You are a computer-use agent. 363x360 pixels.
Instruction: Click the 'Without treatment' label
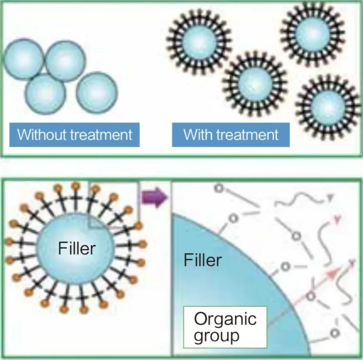coord(75,135)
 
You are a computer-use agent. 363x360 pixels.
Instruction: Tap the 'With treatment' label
coord(231,135)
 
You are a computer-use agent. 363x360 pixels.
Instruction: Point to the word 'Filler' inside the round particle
coord(77,248)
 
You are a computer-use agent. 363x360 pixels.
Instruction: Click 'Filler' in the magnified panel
coord(202,260)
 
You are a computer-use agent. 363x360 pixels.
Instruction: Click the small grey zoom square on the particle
coord(113,205)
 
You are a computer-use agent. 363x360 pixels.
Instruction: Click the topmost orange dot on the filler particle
coord(76,185)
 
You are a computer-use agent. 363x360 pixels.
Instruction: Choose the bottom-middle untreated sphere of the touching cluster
coord(45,92)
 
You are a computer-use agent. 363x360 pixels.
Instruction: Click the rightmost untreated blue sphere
coord(96,91)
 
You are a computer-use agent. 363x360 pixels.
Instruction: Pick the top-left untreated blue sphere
coord(24,59)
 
